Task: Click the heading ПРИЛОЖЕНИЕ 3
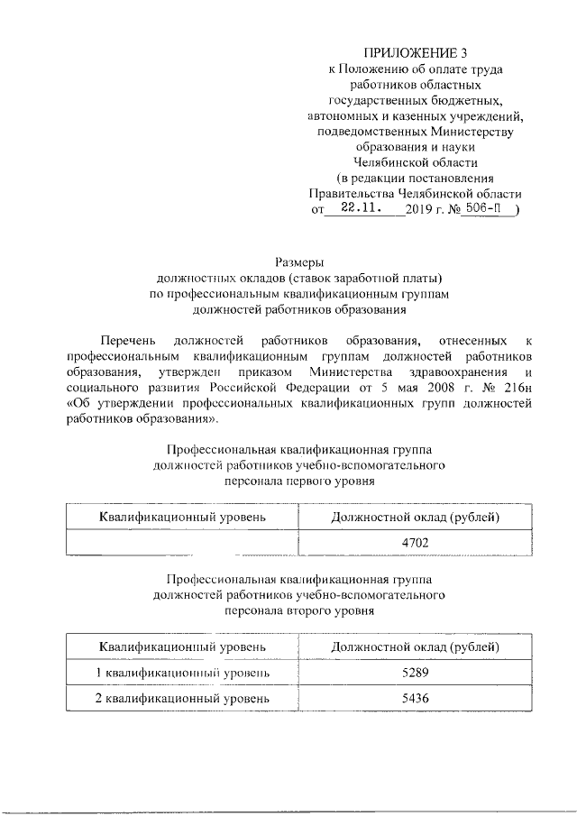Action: [x=416, y=52]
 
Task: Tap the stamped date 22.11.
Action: [x=352, y=207]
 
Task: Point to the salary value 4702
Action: [x=415, y=542]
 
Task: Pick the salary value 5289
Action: [x=415, y=674]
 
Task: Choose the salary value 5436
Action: [x=415, y=699]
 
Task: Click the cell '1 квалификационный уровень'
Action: [x=182, y=674]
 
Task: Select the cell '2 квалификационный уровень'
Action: [x=182, y=699]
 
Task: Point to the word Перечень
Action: [x=130, y=340]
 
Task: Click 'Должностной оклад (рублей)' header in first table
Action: [x=416, y=518]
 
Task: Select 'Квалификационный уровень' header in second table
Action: [x=182, y=647]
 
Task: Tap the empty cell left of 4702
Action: [x=182, y=542]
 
